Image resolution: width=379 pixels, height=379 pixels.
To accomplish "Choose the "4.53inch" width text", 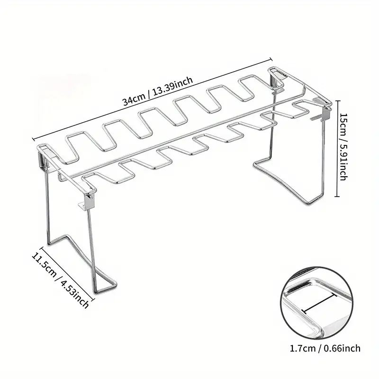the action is [x=74, y=294].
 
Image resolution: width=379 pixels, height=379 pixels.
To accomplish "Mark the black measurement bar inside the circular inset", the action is [x=319, y=302].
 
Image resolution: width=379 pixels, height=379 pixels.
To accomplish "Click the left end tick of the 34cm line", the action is [x=33, y=139].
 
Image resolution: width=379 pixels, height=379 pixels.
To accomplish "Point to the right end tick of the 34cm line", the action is [x=271, y=59].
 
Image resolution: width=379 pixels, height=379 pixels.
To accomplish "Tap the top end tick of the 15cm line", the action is [x=337, y=101].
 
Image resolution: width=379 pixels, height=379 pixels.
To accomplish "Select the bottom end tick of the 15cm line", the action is [x=337, y=196].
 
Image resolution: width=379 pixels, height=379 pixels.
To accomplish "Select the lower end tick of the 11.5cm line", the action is [x=92, y=300].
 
